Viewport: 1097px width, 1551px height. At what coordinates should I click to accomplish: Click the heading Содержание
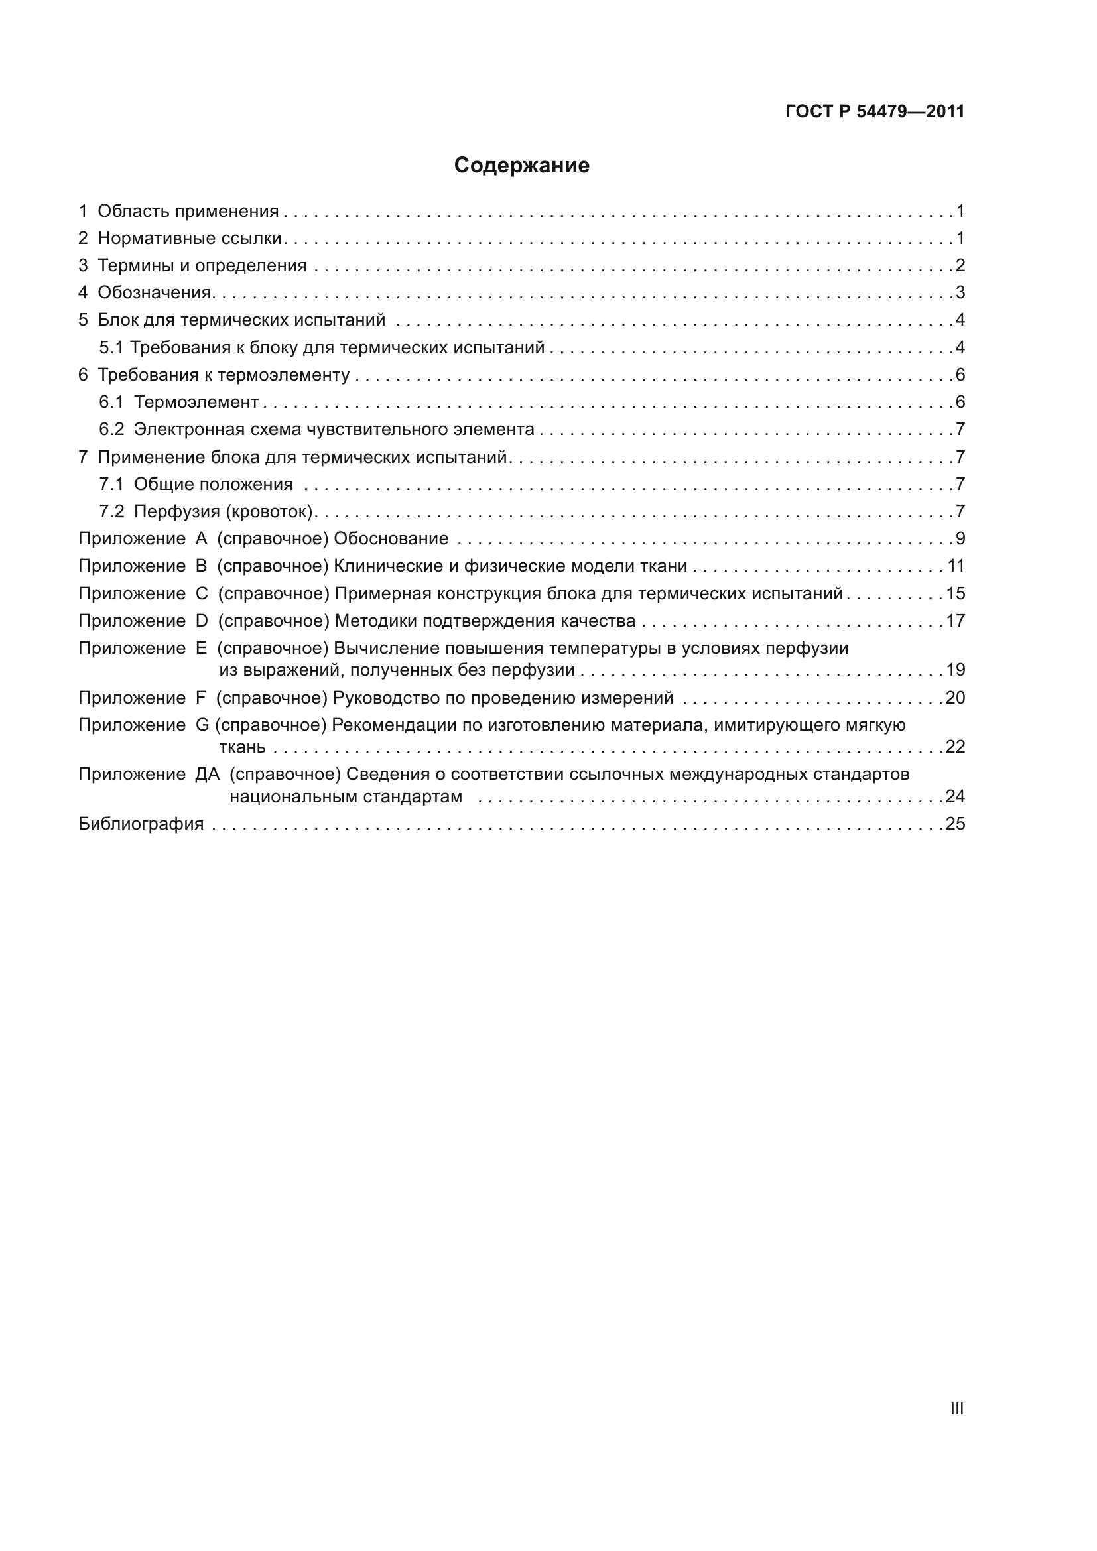pos(521,166)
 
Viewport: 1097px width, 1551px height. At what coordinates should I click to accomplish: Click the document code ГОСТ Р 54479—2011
pos(875,112)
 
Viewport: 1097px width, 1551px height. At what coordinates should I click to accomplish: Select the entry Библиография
pos(141,824)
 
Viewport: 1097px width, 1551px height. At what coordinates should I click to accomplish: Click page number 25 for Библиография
pos(955,824)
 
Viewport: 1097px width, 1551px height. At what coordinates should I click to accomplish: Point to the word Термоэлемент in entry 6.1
pos(196,402)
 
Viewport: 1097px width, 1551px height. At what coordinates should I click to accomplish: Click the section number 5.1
pos(111,348)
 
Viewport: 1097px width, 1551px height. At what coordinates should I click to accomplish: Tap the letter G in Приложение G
pos(203,725)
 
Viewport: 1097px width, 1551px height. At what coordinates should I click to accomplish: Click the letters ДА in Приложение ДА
pos(208,774)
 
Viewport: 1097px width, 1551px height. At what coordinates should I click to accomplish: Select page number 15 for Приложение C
pos(955,593)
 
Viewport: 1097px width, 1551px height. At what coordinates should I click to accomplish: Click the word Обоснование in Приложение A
pos(391,539)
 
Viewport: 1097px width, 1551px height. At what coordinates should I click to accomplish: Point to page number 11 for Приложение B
pos(956,566)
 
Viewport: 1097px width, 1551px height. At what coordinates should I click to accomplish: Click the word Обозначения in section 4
pos(155,292)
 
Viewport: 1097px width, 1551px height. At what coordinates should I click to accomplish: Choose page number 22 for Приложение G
pos(955,747)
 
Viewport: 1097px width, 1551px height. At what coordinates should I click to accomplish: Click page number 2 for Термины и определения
pos(960,265)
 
